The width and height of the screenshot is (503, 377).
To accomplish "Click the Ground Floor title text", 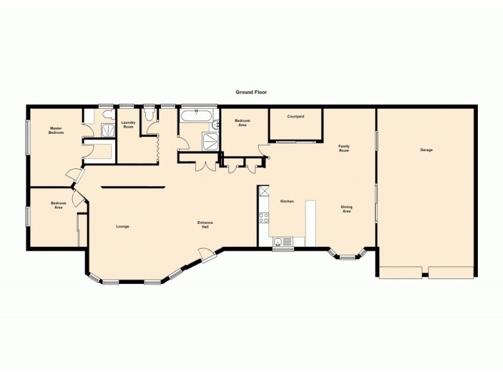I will point(251,92).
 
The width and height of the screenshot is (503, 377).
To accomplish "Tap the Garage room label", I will point(426,150).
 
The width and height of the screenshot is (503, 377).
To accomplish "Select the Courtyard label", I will point(296,116).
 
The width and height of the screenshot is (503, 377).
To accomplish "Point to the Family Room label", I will point(344,148).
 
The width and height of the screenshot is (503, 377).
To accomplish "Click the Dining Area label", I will point(346,209).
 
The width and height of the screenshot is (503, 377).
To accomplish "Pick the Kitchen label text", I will point(287,201).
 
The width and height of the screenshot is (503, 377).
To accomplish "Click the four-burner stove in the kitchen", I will point(264,218).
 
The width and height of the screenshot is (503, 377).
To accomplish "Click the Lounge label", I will point(123,226).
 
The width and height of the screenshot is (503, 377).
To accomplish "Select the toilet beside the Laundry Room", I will point(150,115).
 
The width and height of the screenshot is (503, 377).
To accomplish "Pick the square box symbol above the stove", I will point(264,192).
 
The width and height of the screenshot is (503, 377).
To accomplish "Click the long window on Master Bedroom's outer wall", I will point(27,136).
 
